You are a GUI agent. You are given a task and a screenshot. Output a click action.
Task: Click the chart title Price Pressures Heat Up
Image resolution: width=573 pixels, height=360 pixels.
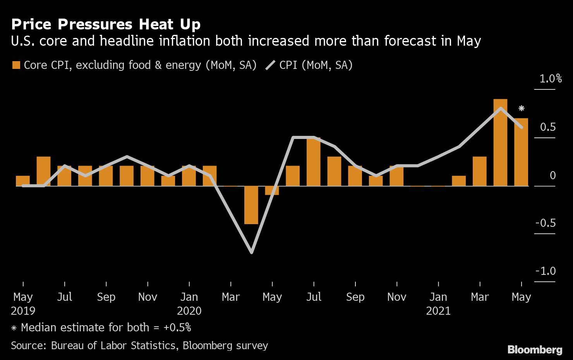[x=106, y=24]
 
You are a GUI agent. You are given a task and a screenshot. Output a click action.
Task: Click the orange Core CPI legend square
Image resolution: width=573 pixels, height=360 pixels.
[x=16, y=65]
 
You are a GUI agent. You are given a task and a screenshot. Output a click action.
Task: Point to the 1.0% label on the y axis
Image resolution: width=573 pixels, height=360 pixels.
[x=551, y=79]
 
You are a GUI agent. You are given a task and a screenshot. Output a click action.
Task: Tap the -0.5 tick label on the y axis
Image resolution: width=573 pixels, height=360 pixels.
[x=545, y=223]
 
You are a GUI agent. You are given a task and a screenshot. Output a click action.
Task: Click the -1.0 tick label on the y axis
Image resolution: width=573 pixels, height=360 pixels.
[x=545, y=271]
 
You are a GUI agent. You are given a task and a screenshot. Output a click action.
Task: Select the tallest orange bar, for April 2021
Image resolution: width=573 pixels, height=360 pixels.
[x=500, y=142]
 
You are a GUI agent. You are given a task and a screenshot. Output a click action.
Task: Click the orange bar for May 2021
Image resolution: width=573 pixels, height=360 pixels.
[x=521, y=152]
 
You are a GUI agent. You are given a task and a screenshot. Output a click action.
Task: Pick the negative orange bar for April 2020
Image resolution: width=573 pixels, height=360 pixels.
[x=251, y=205]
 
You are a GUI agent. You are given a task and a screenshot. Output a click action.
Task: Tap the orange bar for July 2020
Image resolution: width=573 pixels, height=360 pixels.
[x=314, y=161]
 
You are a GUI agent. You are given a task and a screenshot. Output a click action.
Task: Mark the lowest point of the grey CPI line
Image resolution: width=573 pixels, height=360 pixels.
[x=252, y=252]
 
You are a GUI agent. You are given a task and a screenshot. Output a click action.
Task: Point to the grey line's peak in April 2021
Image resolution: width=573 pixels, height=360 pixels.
[x=501, y=108]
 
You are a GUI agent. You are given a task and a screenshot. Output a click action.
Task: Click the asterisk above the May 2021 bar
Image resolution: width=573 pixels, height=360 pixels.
[x=522, y=108]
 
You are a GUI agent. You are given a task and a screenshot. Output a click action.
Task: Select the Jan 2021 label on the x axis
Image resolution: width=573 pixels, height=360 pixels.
[x=438, y=303]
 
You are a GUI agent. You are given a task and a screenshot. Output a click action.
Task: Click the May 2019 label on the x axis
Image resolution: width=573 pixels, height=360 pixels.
[x=23, y=303]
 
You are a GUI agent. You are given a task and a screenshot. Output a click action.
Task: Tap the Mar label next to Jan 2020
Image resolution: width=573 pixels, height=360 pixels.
[x=231, y=297]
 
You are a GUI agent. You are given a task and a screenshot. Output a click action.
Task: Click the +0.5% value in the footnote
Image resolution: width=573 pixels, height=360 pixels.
[x=177, y=327]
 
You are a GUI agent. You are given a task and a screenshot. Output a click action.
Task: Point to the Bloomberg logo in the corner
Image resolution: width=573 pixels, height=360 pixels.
[x=535, y=350]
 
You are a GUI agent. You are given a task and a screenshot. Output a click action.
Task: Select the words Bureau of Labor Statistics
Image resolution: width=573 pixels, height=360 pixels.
[x=113, y=345]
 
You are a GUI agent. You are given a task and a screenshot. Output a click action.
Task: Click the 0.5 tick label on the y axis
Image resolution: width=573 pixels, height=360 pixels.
[x=548, y=127]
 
